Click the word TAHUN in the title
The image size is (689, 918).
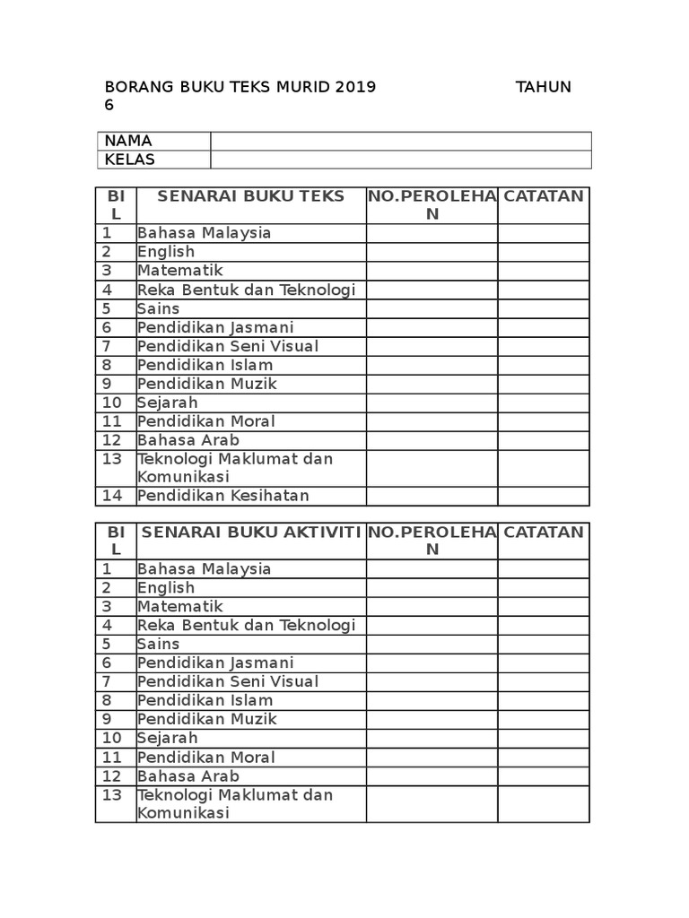[544, 87]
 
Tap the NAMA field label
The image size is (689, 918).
[128, 141]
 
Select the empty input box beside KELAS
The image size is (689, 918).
[401, 160]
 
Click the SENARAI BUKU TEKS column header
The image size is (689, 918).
[251, 196]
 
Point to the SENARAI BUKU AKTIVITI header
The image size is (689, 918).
[251, 532]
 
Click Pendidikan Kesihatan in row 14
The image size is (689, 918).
[223, 496]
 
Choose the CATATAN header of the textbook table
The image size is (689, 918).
[544, 196]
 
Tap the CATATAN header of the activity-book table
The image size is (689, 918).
[544, 532]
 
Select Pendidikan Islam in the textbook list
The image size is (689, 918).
[205, 365]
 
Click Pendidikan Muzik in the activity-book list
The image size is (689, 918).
[207, 719]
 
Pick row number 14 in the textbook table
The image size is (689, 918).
[112, 496]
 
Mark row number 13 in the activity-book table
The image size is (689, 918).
[112, 795]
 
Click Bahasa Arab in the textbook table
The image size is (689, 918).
[188, 440]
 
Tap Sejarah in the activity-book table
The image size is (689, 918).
[168, 738]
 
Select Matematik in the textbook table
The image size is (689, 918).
[180, 270]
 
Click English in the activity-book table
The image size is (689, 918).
[166, 587]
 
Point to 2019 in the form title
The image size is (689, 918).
[355, 87]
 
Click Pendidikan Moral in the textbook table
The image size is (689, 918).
[206, 421]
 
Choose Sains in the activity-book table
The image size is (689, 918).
[159, 644]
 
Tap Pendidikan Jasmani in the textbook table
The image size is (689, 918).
[215, 327]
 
